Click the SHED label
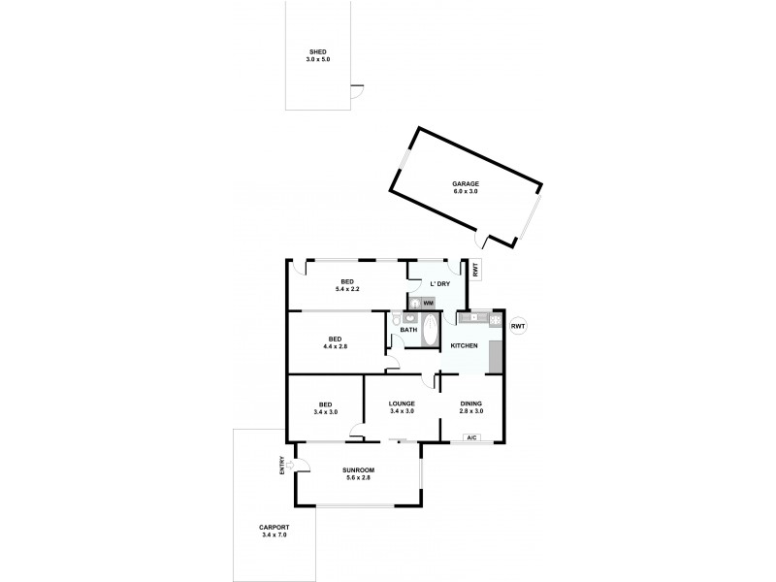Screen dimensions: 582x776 (319, 52)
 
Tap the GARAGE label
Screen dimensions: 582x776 (465, 183)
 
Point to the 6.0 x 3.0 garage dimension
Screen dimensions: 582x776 (465, 191)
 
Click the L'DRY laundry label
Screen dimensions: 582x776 (439, 283)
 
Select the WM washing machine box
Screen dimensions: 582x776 (428, 304)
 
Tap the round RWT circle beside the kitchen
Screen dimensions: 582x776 (518, 326)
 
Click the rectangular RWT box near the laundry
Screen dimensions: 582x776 (476, 271)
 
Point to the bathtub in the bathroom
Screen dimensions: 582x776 (431, 330)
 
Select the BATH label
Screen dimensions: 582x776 (408, 330)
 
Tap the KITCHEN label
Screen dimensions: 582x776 (464, 346)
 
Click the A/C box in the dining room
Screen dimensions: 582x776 (471, 438)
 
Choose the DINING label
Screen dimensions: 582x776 (471, 404)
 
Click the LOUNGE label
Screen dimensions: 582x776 (402, 404)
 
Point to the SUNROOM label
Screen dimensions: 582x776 (358, 470)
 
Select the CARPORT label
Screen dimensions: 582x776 (275, 528)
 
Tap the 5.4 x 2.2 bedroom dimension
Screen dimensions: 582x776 (346, 289)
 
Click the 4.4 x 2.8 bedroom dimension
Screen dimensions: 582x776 (335, 346)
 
